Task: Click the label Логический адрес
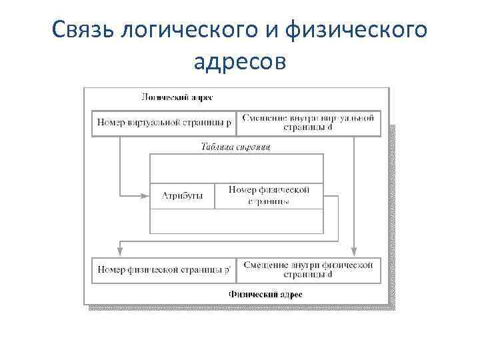tap(177, 97)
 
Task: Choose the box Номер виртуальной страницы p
tap(163, 123)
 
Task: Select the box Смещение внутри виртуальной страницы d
tap(308, 123)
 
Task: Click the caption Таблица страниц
tap(235, 147)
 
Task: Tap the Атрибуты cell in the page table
tap(182, 196)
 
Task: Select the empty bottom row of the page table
tap(236, 221)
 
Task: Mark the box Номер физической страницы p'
tap(163, 270)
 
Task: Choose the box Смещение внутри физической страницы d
tap(308, 270)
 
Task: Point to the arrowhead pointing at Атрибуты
tap(145, 195)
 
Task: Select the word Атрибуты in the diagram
tap(181, 196)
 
